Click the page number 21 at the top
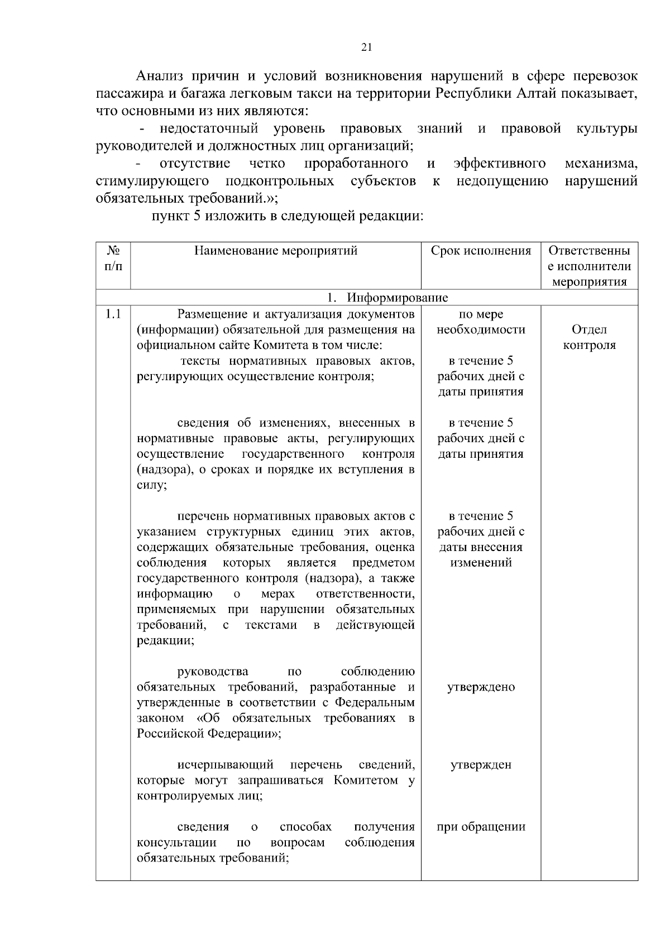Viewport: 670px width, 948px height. (366, 47)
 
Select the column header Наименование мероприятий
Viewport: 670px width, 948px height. (276, 251)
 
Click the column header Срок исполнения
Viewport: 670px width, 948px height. (481, 251)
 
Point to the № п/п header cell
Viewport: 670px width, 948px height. (113, 258)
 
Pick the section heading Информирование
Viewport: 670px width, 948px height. (397, 298)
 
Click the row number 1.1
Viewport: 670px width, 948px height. (113, 314)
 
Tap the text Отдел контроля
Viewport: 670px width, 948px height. (589, 337)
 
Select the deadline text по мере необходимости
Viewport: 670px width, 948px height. (481, 322)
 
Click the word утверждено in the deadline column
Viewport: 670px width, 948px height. (481, 687)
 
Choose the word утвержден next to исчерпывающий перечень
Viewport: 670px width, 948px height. (481, 765)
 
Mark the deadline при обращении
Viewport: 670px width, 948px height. (481, 827)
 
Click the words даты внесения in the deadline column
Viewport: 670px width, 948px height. (481, 547)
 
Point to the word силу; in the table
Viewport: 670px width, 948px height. (152, 485)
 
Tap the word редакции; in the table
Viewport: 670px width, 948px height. (166, 640)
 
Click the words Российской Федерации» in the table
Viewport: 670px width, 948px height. (209, 734)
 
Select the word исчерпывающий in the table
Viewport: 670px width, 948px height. (225, 764)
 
